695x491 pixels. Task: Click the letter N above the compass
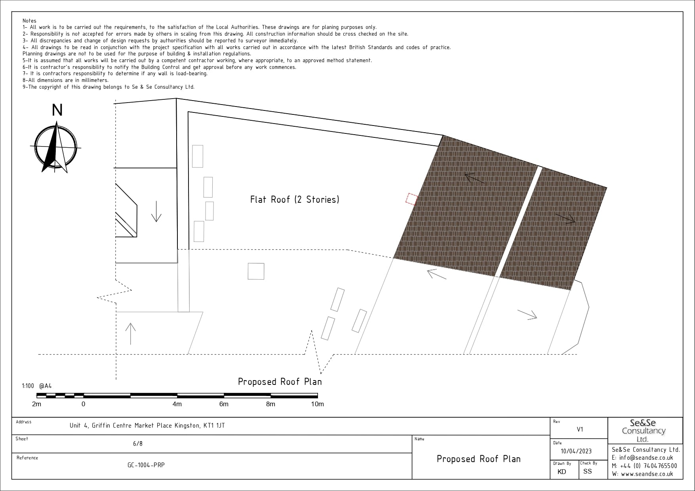tap(57, 110)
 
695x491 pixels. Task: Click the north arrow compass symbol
tap(56, 147)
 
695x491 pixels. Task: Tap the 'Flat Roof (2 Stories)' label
tap(295, 200)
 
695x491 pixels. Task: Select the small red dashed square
tap(412, 199)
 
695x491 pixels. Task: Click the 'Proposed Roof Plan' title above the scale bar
tap(280, 382)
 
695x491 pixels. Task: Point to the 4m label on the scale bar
tap(177, 404)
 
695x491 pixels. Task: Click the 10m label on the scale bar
tap(317, 404)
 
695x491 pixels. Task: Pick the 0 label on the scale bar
tap(83, 404)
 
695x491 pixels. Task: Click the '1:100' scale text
tap(28, 386)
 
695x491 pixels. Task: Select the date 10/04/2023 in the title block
tap(576, 451)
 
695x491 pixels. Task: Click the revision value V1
tap(580, 429)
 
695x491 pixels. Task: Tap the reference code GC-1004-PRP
tap(146, 465)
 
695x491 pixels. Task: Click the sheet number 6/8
tap(138, 443)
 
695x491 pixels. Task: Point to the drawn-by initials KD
tap(562, 472)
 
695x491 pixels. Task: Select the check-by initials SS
tap(587, 471)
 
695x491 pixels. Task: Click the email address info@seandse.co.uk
tap(646, 458)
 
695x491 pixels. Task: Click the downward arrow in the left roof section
tap(156, 211)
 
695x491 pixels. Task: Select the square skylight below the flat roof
tap(256, 271)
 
